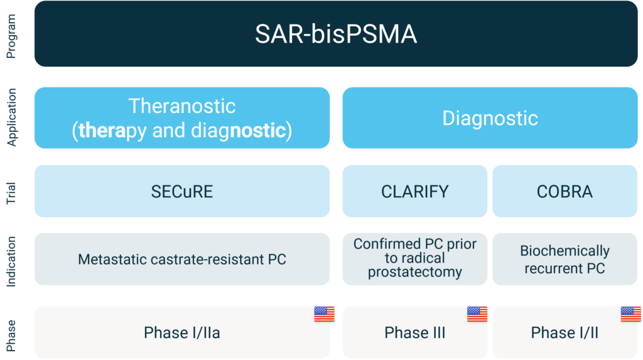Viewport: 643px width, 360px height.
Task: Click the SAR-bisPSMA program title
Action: pos(336,34)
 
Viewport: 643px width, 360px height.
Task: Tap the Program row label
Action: pos(11,36)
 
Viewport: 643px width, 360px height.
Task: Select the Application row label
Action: pos(11,117)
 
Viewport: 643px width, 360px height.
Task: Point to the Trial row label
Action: pos(11,193)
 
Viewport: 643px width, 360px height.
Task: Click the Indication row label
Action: pos(11,261)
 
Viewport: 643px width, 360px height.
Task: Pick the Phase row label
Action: pos(11,335)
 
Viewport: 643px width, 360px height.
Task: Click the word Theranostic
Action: pos(182,106)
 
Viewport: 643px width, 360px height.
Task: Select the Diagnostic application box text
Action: pos(490,118)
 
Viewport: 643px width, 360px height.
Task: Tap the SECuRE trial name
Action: pos(182,192)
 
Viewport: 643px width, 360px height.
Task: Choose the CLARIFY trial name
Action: pos(415,192)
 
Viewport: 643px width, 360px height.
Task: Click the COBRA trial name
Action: pos(565,192)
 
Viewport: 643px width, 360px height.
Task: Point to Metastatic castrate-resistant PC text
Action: pos(182,259)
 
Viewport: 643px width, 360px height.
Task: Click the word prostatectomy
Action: pos(415,272)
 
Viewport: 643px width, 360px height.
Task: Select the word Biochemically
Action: pos(565,251)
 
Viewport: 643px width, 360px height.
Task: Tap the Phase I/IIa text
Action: pos(182,332)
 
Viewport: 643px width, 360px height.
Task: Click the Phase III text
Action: pos(415,332)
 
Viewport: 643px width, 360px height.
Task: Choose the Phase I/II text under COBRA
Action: pos(565,332)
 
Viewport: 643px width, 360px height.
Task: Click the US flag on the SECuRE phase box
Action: pos(325,314)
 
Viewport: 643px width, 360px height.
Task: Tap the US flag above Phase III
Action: pos(477,314)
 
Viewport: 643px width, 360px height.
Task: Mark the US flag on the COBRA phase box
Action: pos(630,314)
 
